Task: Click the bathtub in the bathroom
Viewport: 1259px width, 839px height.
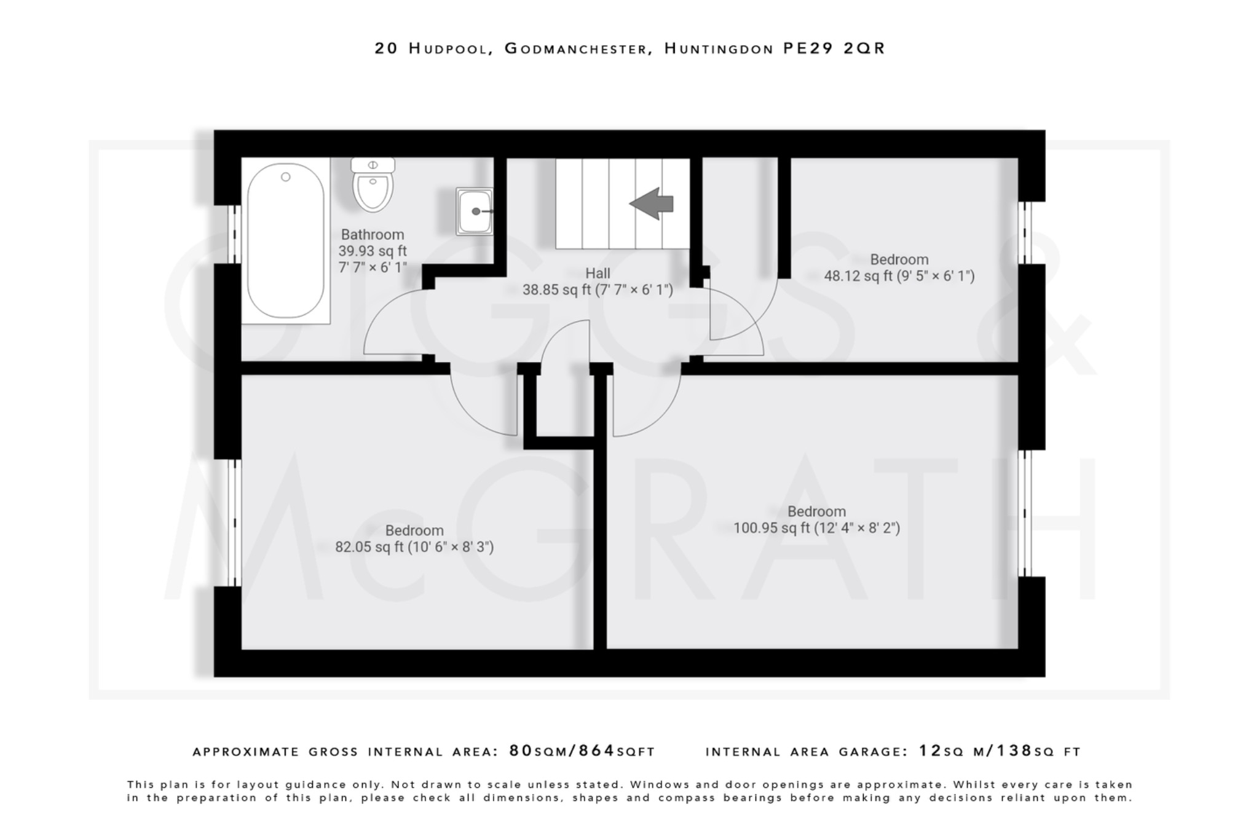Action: coord(285,241)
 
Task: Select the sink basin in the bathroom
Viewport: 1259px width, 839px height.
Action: coord(475,211)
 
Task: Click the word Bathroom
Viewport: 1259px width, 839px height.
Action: coord(372,235)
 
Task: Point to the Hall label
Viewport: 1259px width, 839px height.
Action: coord(598,274)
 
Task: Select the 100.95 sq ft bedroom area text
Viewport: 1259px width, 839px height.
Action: coord(816,528)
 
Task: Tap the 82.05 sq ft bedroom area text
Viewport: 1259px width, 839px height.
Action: coord(414,547)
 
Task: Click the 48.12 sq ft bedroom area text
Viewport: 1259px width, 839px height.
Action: coord(898,276)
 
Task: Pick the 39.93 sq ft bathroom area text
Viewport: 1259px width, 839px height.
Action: coord(372,251)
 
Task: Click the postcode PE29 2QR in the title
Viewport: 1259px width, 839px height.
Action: coord(834,49)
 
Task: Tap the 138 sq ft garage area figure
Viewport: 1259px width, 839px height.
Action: coord(1014,751)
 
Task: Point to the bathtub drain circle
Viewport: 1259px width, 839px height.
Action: coord(285,177)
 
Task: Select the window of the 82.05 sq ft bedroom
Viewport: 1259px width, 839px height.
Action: coord(234,522)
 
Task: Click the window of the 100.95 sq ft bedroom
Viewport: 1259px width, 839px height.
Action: coord(1025,513)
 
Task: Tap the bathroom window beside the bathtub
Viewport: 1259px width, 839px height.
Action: coord(234,234)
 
